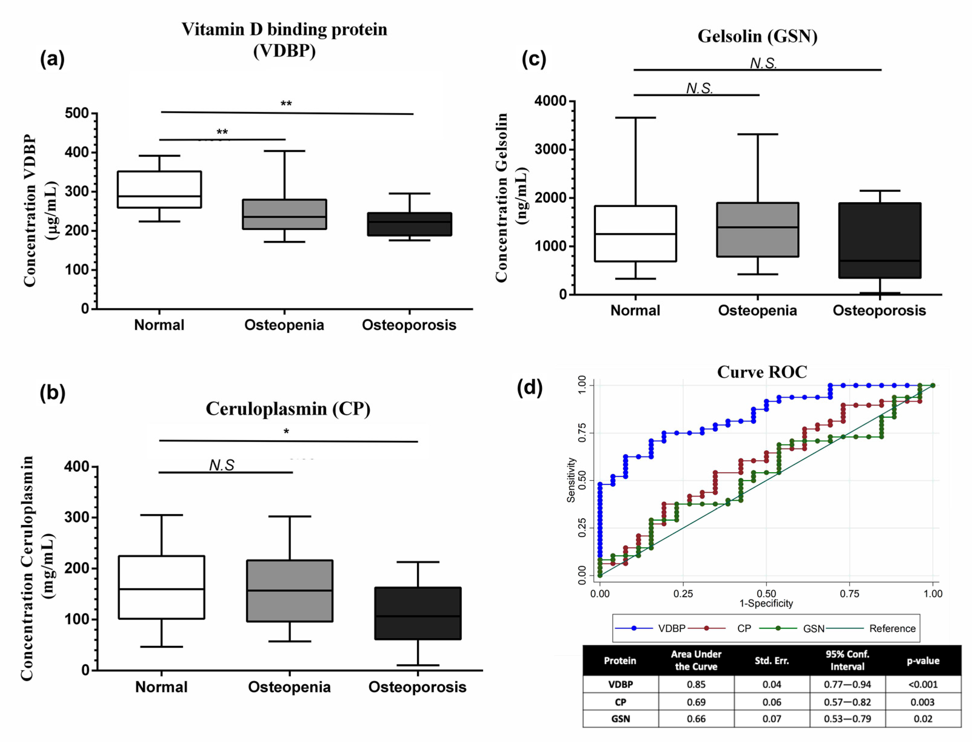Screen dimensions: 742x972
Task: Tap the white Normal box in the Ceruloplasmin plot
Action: [x=161, y=587]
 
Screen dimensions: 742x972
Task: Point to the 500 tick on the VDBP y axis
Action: [x=77, y=113]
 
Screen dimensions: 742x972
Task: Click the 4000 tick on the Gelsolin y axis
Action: [x=550, y=101]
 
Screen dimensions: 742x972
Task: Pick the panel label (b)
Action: [x=52, y=392]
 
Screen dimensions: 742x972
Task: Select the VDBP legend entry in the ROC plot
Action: [x=671, y=629]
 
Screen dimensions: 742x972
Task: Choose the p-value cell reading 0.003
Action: [x=923, y=702]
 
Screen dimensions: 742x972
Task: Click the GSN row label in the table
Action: [x=620, y=719]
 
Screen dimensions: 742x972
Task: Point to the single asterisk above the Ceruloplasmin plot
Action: [x=286, y=432]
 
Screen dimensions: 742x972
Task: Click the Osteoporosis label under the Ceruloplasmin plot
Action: [x=417, y=687]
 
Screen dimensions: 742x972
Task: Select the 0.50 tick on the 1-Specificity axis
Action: [x=766, y=593]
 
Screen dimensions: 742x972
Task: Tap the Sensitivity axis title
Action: [x=571, y=480]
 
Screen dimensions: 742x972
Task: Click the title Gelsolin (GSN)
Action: [x=757, y=36]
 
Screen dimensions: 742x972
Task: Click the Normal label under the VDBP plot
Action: [x=159, y=325]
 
